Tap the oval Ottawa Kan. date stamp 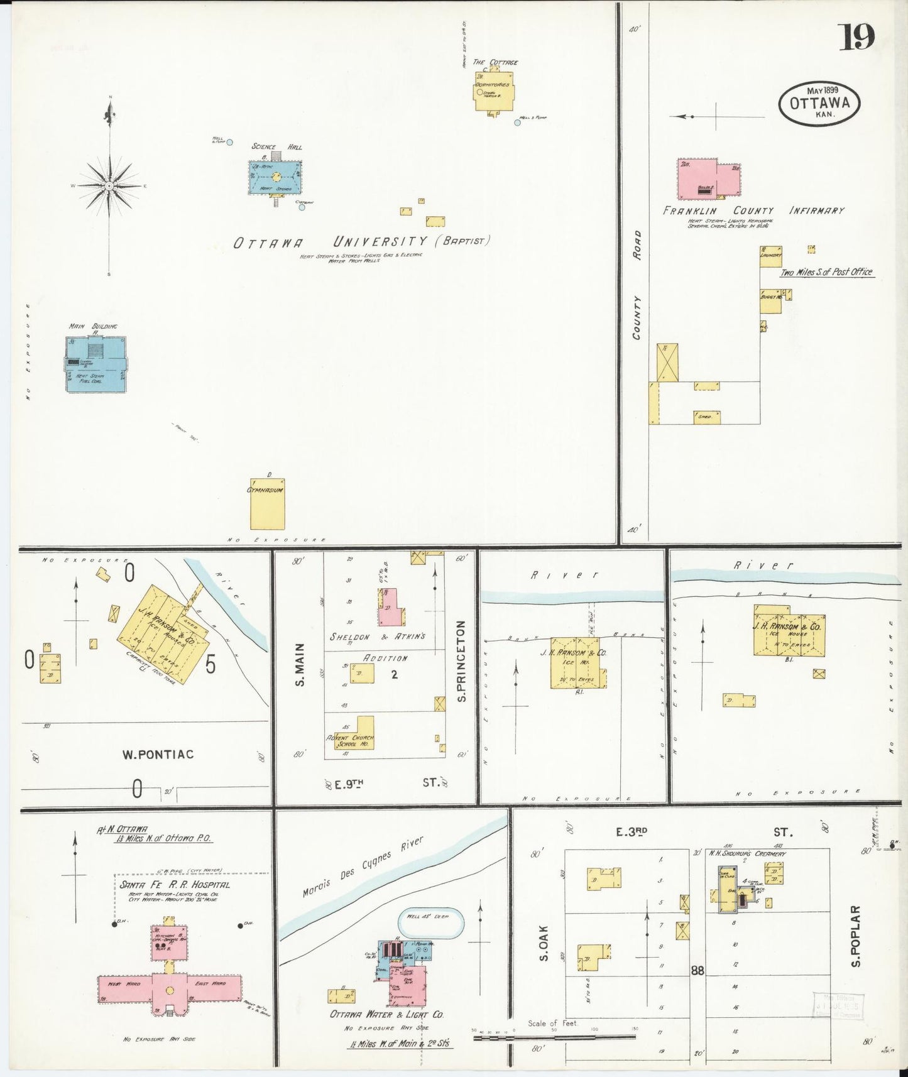pyautogui.click(x=819, y=103)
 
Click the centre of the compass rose pyautogui.click(x=109, y=187)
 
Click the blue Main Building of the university pyautogui.click(x=96, y=364)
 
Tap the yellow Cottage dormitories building pyautogui.click(x=495, y=92)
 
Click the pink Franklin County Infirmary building pyautogui.click(x=708, y=179)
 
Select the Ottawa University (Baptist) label pyautogui.click(x=361, y=242)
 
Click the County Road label pyautogui.click(x=637, y=285)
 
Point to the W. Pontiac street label pyautogui.click(x=158, y=754)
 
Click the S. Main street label pyautogui.click(x=300, y=664)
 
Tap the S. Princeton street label pyautogui.click(x=461, y=661)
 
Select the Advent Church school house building pyautogui.click(x=354, y=733)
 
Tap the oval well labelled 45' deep pyautogui.click(x=431, y=924)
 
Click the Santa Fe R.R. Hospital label pyautogui.click(x=175, y=884)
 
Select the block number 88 pyautogui.click(x=697, y=971)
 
